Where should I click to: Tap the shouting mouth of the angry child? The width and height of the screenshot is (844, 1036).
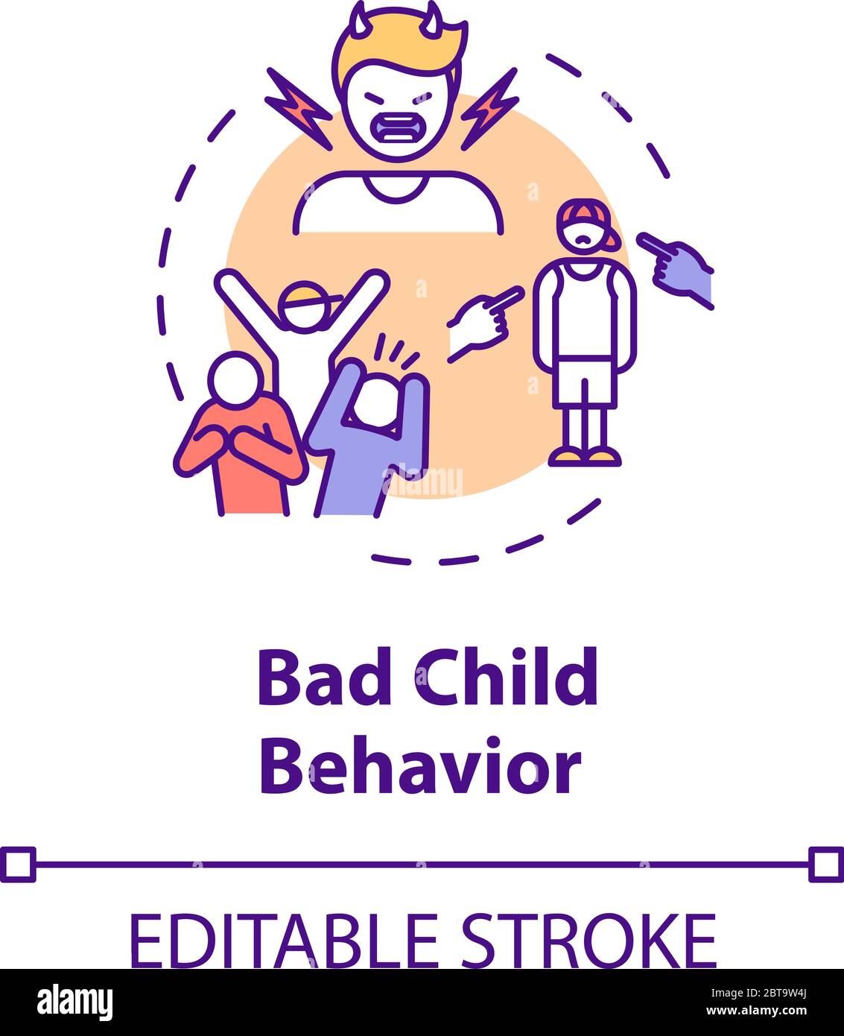(396, 126)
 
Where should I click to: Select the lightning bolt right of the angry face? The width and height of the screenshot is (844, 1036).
(490, 108)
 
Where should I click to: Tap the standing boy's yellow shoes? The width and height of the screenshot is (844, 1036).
(585, 456)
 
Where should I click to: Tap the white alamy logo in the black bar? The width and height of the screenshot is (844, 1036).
(75, 1003)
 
